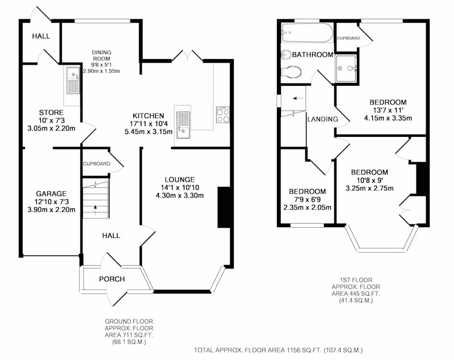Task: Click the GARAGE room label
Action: (51, 194)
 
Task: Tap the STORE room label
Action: (51, 112)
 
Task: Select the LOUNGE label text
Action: (180, 179)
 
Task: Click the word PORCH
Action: (112, 279)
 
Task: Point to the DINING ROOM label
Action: (102, 55)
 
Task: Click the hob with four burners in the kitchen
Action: (223, 115)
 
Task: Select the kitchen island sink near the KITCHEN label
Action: (183, 125)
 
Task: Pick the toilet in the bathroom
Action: (291, 72)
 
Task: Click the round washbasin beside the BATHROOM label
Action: (286, 55)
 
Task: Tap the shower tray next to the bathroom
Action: (346, 68)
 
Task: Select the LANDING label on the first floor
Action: (322, 119)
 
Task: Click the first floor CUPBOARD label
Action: (348, 38)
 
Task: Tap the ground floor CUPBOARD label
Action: (96, 164)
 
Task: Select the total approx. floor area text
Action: (278, 350)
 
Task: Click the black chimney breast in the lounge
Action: (224, 207)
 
